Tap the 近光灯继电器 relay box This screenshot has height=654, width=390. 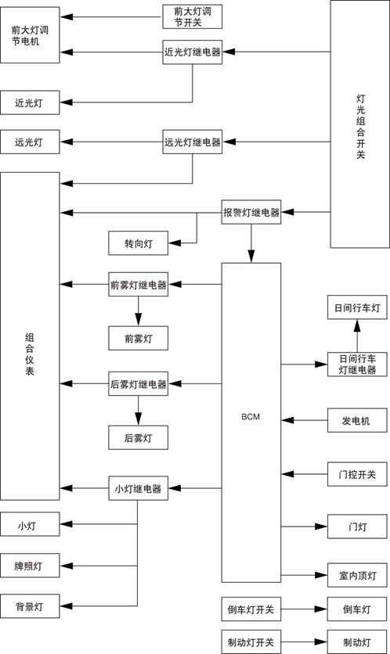192,53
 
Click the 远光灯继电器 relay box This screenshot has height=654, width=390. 192,142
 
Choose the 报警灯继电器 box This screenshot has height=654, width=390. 251,212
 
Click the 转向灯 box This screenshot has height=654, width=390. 138,243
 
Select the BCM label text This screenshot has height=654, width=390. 251,416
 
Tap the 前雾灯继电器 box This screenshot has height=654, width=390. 138,285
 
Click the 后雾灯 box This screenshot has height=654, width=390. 138,437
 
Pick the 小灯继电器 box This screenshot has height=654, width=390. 138,489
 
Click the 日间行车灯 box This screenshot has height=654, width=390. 357,308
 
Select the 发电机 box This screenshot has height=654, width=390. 357,422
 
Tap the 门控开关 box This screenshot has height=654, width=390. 357,473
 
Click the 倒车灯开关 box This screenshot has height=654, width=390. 251,609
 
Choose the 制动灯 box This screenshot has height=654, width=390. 357,641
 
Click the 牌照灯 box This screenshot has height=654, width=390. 30,565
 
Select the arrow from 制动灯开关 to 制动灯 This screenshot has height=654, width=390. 304,641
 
